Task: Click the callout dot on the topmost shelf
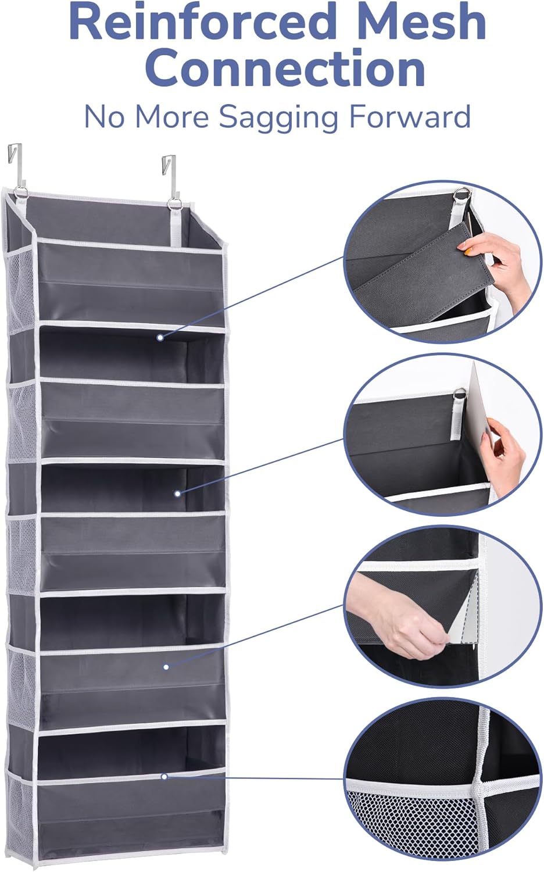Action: [160, 337]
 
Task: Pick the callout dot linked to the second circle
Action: [178, 494]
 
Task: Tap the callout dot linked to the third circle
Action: [166, 667]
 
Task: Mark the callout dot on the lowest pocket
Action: [164, 776]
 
